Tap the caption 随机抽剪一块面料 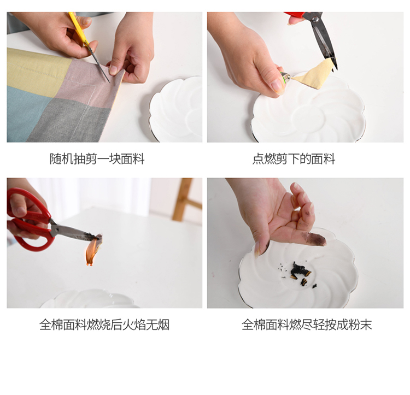tap(97, 159)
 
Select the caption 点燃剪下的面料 tap(294, 159)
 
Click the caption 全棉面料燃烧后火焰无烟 tap(104, 325)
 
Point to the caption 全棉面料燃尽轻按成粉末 tap(307, 325)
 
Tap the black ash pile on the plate tap(300, 270)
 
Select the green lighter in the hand tap(285, 78)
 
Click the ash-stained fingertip tap(315, 239)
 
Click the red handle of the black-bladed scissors tap(296, 15)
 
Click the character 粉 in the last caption tap(353, 325)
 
